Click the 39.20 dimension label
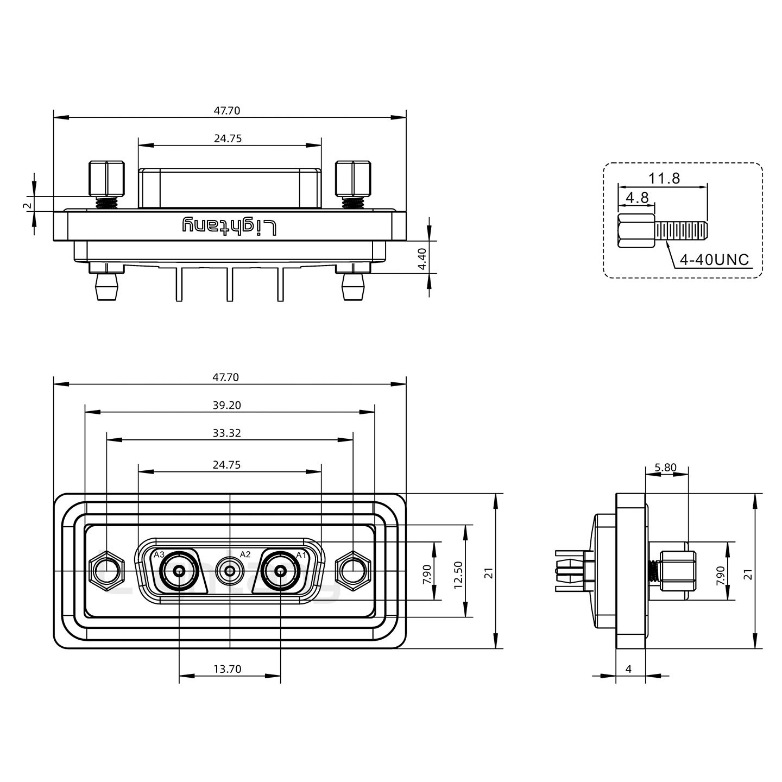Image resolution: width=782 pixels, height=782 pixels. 227,405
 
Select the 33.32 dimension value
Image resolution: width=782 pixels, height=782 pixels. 227,433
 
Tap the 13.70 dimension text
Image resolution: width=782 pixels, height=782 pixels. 227,669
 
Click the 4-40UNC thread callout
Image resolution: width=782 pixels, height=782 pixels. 714,260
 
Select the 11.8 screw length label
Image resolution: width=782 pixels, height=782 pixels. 664,178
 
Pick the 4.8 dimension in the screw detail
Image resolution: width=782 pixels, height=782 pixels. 637,198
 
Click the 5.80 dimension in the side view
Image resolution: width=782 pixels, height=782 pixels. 666,467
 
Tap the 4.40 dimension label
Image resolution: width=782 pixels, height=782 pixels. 422,259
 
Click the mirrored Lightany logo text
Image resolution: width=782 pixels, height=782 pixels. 229,225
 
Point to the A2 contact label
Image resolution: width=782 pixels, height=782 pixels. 245,554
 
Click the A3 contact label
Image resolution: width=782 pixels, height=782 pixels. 159,554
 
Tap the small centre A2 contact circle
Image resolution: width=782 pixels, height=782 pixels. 230,571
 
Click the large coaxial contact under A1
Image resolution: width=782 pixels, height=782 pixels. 280,571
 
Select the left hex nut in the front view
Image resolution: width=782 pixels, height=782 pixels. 107,571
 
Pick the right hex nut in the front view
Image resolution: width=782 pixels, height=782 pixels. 353,571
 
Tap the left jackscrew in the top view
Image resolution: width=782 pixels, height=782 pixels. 106,179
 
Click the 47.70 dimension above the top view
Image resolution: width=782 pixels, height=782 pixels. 227,111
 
